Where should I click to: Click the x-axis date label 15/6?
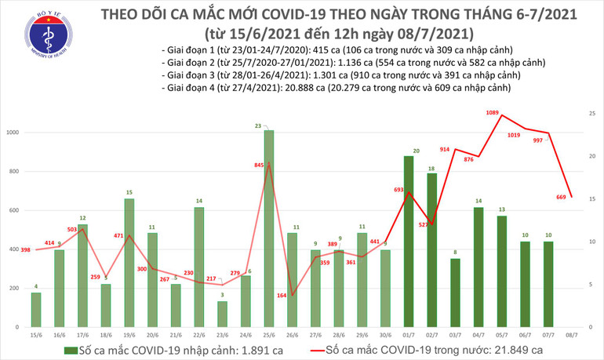[37, 335]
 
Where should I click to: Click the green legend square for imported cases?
[70, 350]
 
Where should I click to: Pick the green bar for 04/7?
[478, 267]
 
